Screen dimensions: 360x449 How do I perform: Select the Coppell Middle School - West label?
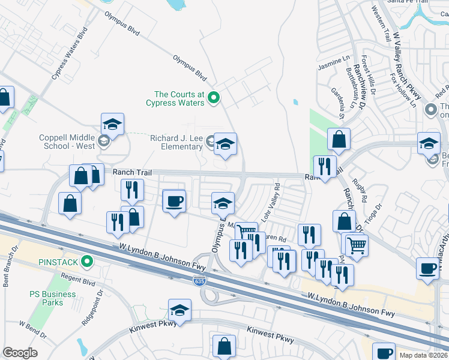coord(67,142)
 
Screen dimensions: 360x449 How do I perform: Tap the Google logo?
coord(20,353)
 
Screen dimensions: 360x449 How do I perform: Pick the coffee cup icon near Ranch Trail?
coord(174,201)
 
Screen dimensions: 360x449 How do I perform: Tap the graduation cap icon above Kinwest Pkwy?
coord(179,310)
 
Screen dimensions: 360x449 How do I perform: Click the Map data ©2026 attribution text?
coord(424,355)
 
